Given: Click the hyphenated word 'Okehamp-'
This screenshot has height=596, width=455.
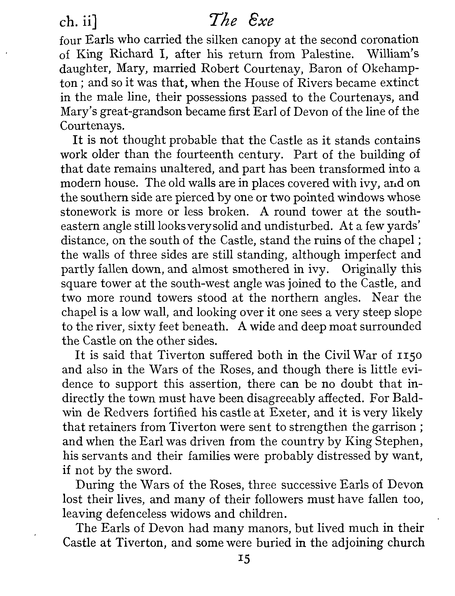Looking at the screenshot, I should pos(390,69).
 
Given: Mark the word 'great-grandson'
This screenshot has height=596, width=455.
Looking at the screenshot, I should pos(140,111).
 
